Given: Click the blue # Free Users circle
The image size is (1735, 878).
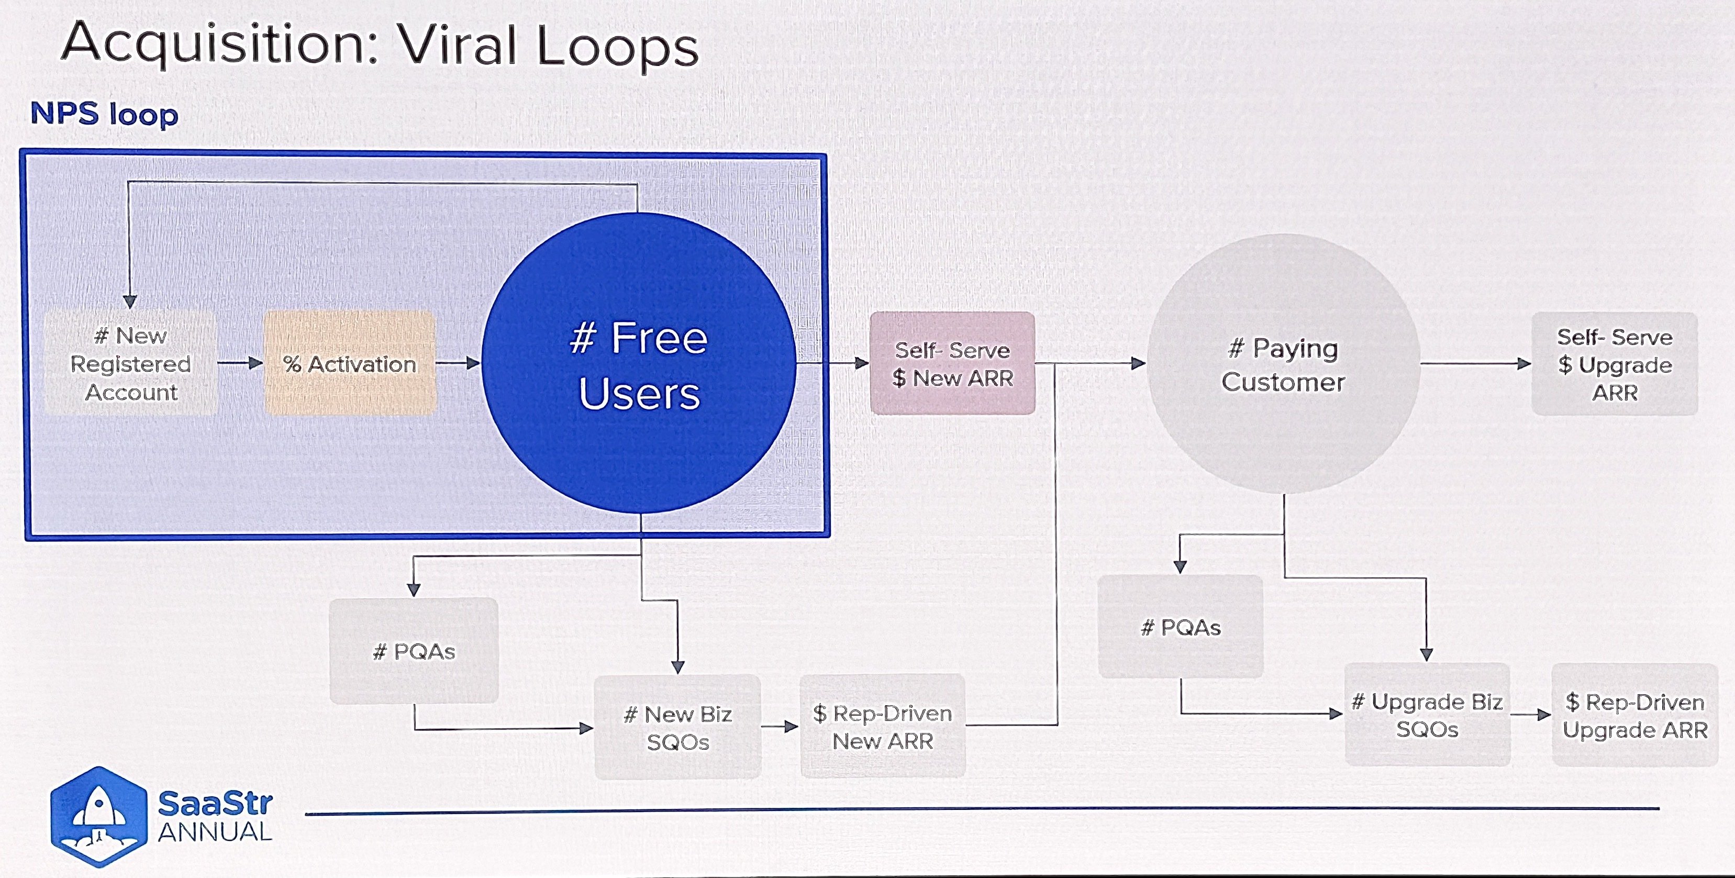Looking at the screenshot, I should [x=639, y=363].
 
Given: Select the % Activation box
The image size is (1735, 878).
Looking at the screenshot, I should [x=350, y=363].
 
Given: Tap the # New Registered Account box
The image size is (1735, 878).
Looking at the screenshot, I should [x=131, y=363].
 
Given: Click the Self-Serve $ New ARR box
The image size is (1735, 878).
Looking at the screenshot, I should [x=952, y=363].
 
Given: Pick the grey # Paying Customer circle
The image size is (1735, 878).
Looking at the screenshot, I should [x=1284, y=363].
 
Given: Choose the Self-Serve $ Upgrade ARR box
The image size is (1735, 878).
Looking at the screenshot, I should [x=1615, y=363].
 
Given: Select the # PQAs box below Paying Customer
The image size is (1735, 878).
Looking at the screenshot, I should [x=1181, y=627].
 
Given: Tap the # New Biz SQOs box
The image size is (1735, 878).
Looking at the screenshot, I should [x=677, y=727].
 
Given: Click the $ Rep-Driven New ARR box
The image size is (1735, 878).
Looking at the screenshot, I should [x=882, y=727].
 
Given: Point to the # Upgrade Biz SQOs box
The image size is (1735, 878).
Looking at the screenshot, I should [x=1427, y=715].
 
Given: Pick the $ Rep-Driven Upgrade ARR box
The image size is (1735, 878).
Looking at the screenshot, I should [x=1634, y=716].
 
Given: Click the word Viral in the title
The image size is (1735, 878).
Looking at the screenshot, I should [x=458, y=46].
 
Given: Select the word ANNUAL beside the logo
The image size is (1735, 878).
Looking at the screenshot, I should [x=215, y=833].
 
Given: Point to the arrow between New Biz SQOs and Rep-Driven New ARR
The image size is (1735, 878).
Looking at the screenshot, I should [x=781, y=727].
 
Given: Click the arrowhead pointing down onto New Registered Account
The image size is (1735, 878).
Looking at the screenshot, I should [x=130, y=301].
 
